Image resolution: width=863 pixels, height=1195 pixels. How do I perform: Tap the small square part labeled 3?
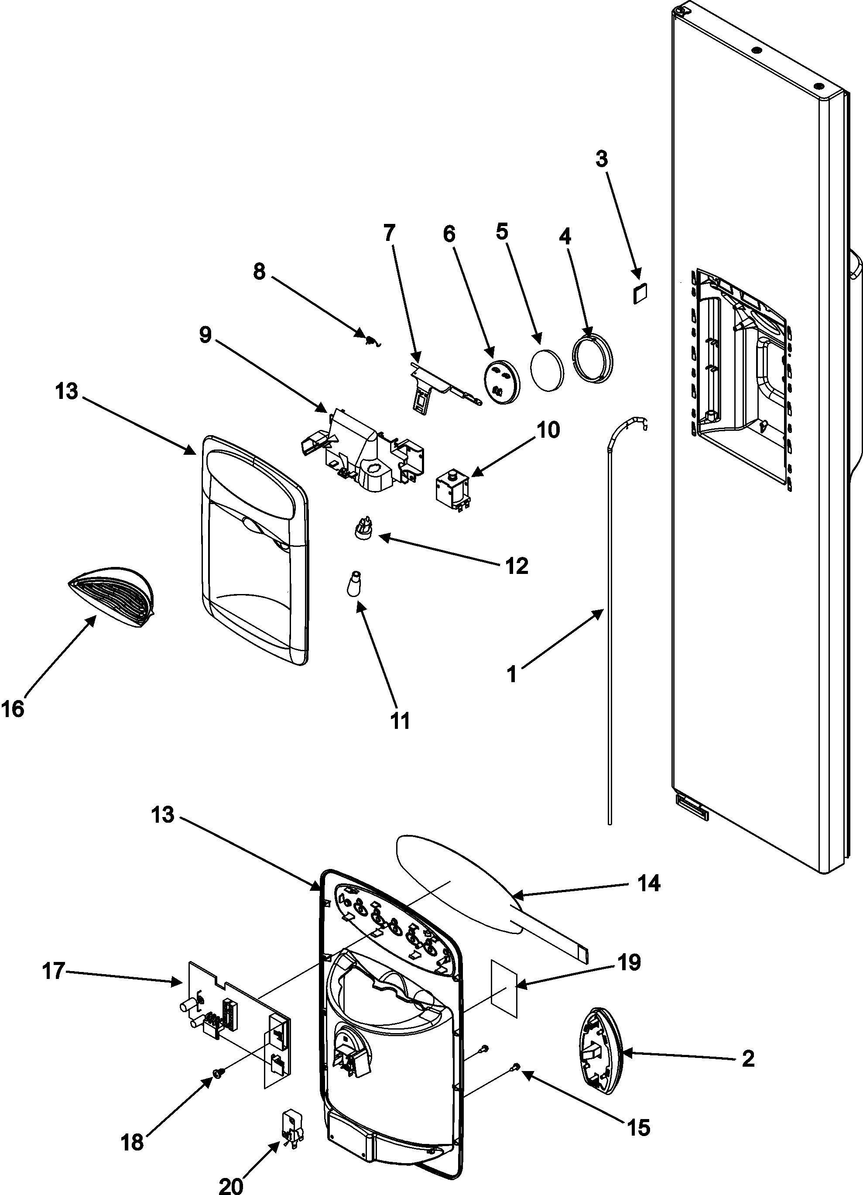coord(640,293)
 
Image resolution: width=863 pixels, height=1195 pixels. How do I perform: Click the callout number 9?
coord(205,335)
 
